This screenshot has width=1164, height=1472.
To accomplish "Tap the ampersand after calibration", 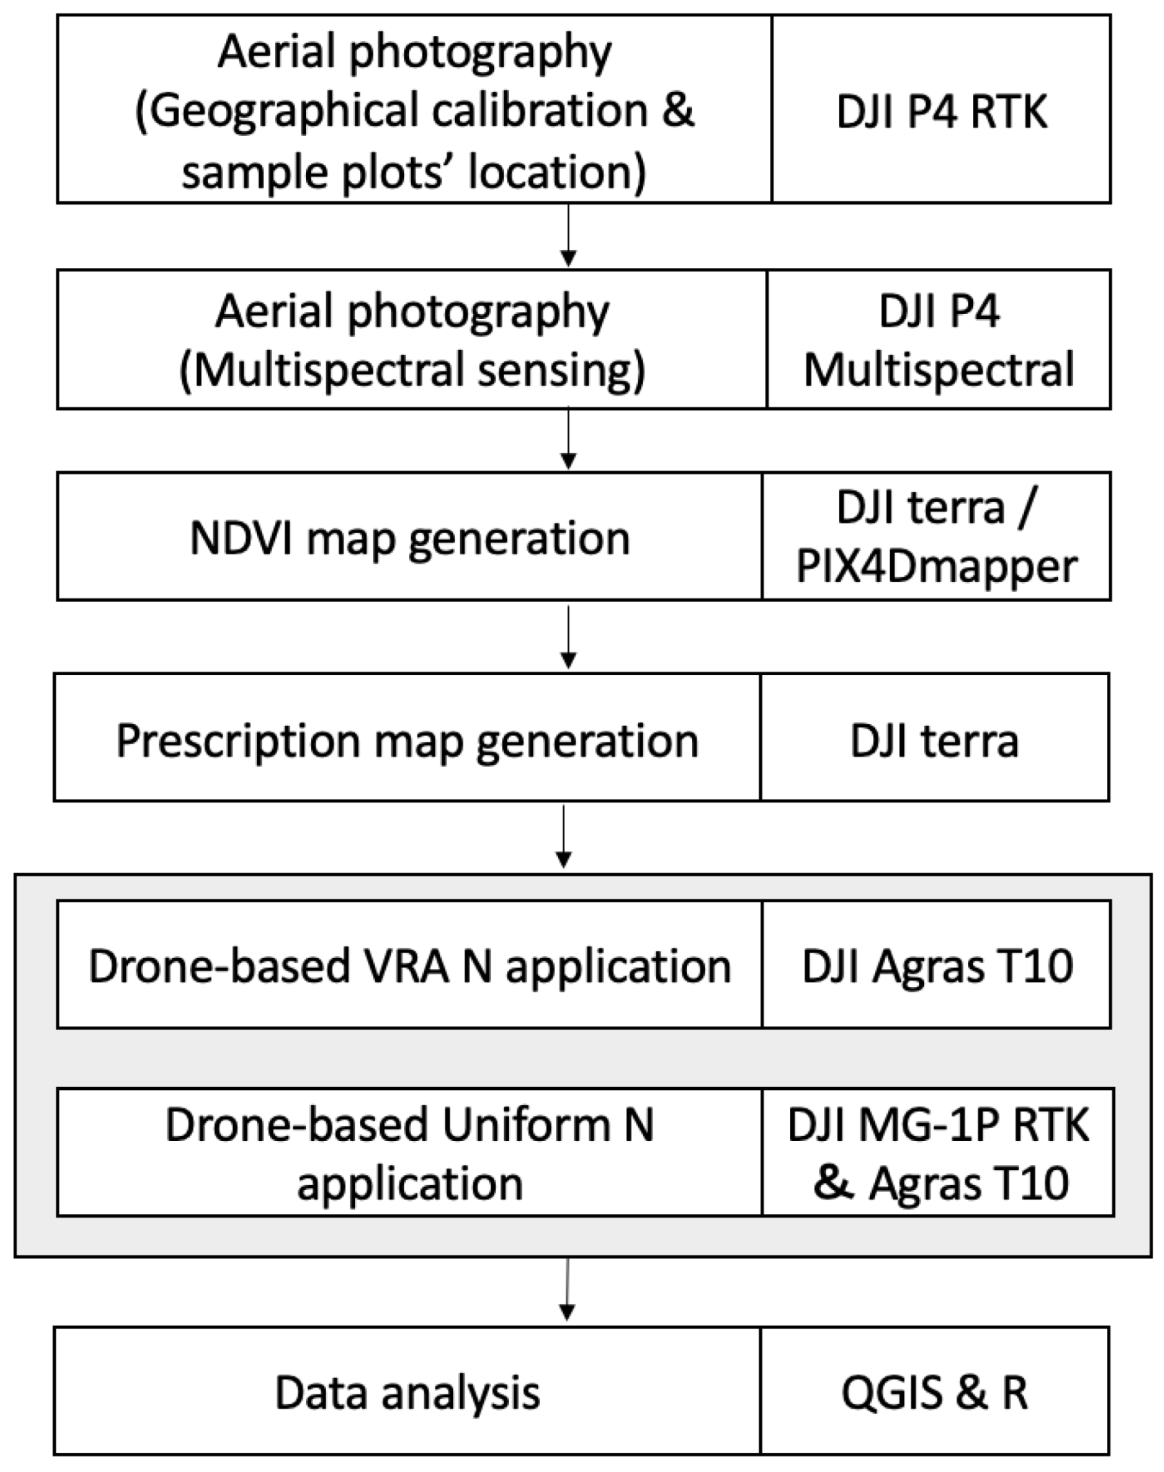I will click(x=678, y=110).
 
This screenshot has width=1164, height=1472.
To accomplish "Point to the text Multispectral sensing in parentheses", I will click(x=412, y=370).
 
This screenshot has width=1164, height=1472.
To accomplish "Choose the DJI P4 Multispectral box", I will click(x=938, y=340).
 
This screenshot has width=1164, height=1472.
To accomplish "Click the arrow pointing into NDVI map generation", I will click(x=568, y=440).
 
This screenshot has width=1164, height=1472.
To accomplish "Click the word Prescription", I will click(x=238, y=740).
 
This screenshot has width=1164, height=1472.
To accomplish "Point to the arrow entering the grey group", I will click(x=563, y=837).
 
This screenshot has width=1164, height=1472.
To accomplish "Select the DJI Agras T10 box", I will click(x=937, y=966).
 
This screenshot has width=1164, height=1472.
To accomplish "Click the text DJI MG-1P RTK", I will click(x=937, y=1125).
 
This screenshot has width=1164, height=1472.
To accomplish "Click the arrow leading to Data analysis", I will click(x=567, y=1290).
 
